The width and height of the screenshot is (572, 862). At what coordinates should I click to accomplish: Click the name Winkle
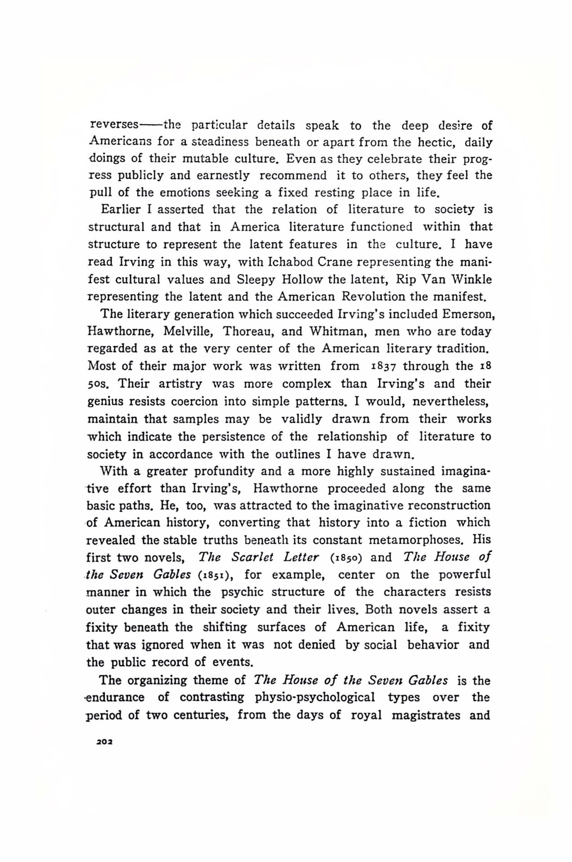[x=470, y=279]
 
